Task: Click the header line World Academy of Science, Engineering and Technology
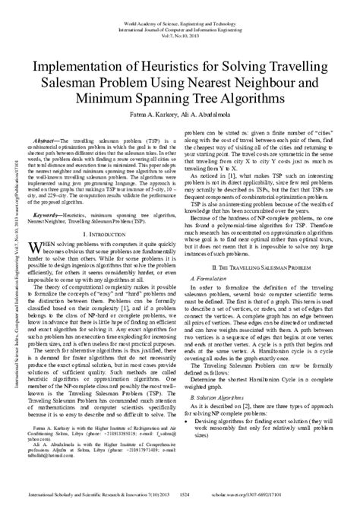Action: pyautogui.click(x=180, y=5)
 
